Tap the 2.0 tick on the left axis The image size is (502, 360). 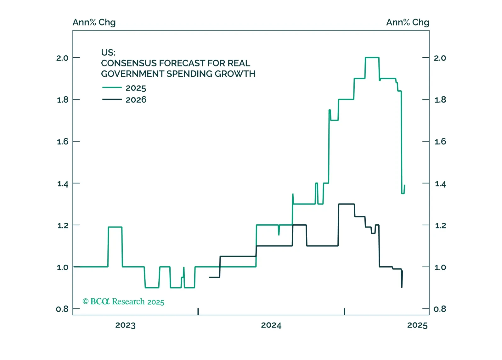62,58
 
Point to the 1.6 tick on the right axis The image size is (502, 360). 440,142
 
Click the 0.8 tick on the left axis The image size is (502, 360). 62,309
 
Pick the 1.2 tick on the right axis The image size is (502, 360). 440,226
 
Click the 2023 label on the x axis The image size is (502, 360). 125,325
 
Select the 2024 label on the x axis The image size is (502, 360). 271,325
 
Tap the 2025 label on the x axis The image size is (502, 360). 417,325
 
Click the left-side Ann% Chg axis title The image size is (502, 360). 94,22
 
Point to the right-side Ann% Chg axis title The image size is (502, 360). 408,22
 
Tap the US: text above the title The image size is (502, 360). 108,52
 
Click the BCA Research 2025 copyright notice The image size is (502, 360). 123,301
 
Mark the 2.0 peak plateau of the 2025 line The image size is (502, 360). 372,58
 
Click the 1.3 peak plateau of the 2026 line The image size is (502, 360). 346,204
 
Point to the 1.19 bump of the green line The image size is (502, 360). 115,227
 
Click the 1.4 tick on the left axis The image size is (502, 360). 63,184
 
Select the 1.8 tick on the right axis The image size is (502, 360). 440,100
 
